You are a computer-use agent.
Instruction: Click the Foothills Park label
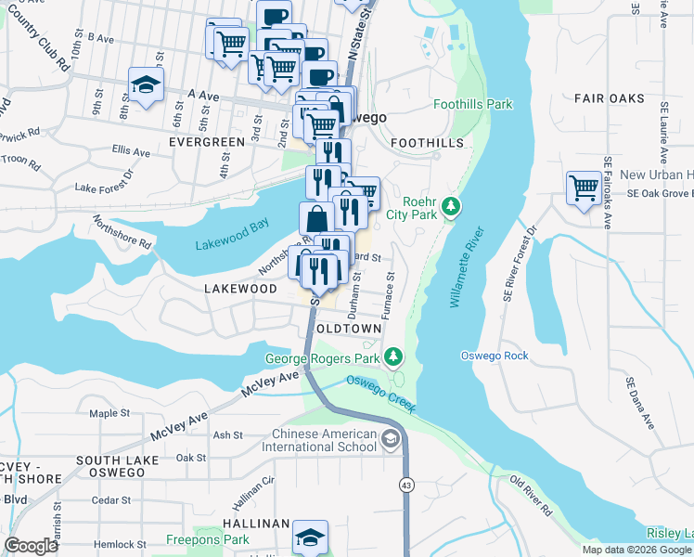(472, 105)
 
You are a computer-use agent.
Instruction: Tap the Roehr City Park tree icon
(451, 205)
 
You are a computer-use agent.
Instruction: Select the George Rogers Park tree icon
(394, 356)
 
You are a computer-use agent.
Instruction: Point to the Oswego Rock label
(495, 356)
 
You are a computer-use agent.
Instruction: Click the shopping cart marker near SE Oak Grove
(584, 188)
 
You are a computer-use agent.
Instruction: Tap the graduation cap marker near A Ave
(145, 85)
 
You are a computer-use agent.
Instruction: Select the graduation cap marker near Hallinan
(310, 538)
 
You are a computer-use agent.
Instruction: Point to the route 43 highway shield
(406, 485)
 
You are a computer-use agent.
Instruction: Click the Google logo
(31, 546)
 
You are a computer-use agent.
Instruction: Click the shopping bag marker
(316, 219)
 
